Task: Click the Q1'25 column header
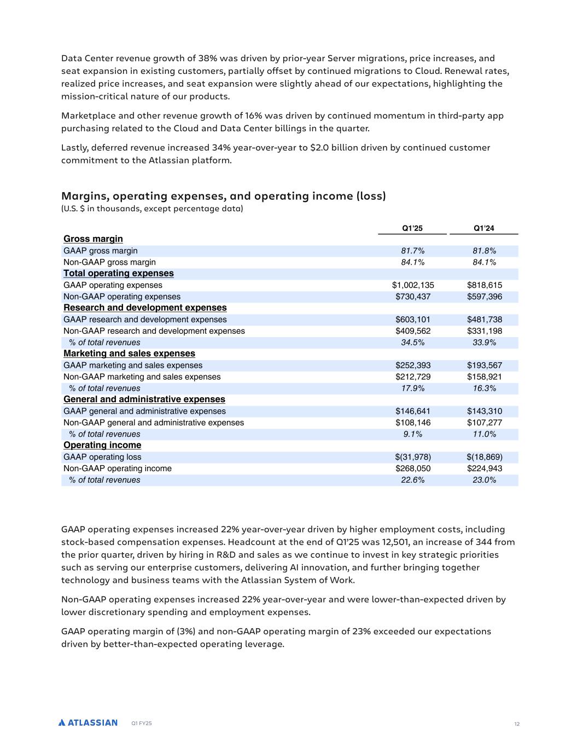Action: [x=412, y=228]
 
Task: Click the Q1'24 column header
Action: [x=484, y=228]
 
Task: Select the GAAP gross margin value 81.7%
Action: [x=412, y=251]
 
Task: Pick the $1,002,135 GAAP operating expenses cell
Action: [x=412, y=285]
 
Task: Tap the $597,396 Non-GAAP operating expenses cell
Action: [x=484, y=297]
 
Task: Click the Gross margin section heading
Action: [x=93, y=239]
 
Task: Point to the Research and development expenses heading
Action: [x=145, y=308]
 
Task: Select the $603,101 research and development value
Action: [x=412, y=320]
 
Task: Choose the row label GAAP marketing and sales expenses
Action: [x=133, y=366]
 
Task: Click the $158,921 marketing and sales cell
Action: [x=484, y=377]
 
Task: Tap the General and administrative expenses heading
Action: [x=144, y=399]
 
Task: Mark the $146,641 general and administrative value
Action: [x=412, y=412]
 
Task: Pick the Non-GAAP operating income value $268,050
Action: [x=412, y=468]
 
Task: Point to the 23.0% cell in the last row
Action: [x=484, y=480]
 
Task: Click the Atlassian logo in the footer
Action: [x=88, y=723]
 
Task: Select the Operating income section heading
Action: [x=102, y=445]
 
